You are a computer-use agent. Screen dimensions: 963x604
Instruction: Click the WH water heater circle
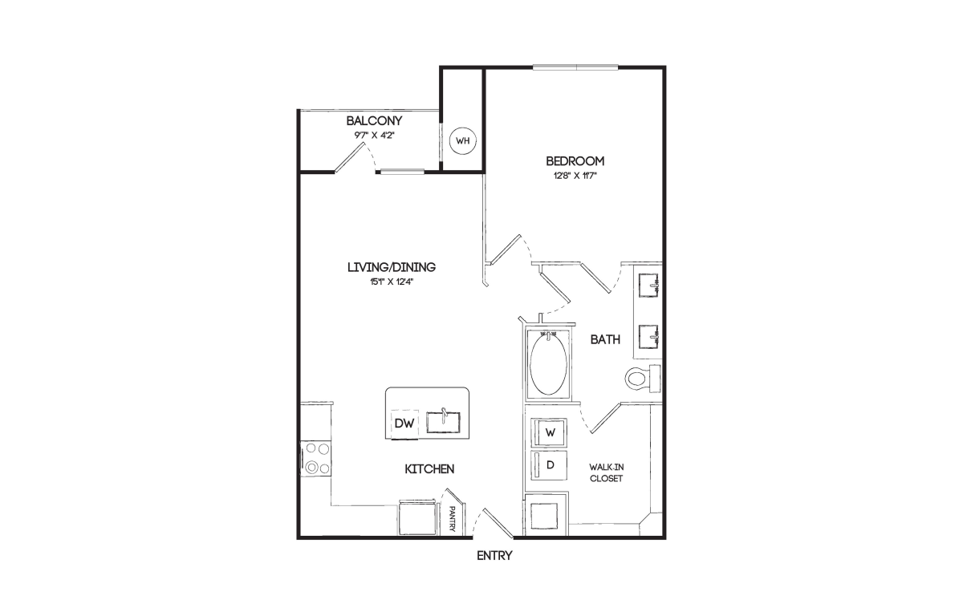pos(462,140)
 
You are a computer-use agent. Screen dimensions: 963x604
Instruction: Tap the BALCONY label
pos(374,120)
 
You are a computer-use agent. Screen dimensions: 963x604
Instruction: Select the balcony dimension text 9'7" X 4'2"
pos(374,136)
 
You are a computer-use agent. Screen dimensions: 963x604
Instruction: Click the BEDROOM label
pos(575,161)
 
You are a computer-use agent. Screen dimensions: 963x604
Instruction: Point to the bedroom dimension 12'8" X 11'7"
pos(575,176)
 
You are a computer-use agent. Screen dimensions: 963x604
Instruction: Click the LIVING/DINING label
pos(392,267)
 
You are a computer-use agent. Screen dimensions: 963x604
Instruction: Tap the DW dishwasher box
pos(404,424)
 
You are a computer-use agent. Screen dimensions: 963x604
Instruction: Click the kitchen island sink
pos(443,422)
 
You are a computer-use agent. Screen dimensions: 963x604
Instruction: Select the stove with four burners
pos(316,459)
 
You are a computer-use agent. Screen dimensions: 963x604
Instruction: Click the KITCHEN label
pos(429,469)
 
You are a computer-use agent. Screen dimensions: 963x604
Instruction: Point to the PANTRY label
pos(452,518)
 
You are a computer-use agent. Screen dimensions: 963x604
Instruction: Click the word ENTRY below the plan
pos(494,556)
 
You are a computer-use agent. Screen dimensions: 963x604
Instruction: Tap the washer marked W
pos(549,433)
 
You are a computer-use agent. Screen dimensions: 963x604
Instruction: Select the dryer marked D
pos(549,465)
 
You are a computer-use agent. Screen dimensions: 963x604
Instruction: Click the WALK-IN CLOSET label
pos(606,472)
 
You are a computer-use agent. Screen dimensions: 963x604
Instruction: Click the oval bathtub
pos(548,365)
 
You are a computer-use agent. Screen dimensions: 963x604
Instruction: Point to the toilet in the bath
pos(642,379)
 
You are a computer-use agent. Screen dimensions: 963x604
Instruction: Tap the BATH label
pos(605,340)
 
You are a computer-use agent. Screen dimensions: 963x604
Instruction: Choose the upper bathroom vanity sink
pos(648,284)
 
